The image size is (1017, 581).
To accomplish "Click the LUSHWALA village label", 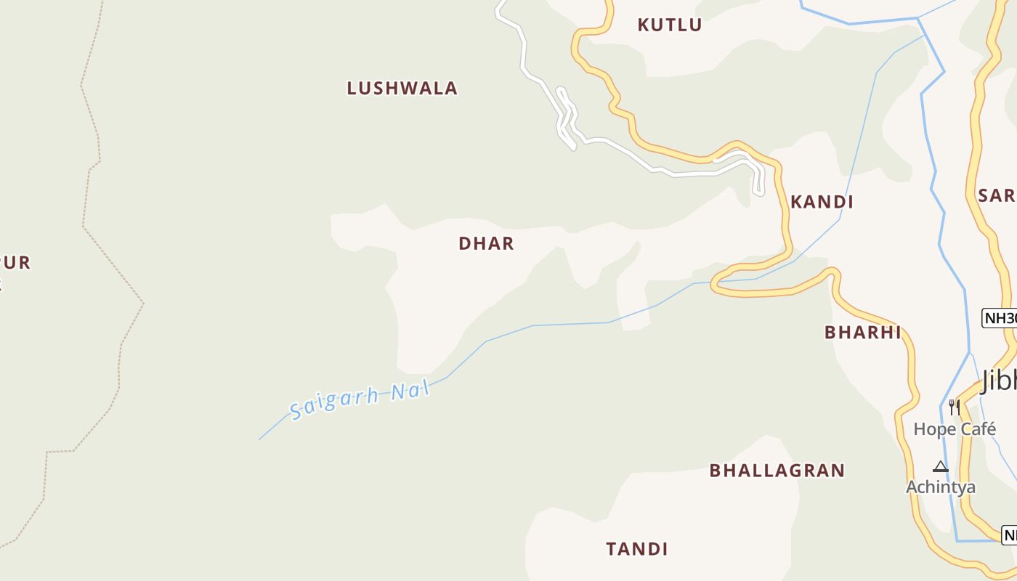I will tap(402, 89).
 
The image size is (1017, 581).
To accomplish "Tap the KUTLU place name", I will tap(669, 25).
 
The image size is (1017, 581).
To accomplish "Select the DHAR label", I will tap(486, 244).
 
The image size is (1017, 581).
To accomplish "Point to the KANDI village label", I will tap(822, 202).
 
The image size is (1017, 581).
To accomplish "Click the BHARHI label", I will tap(862, 333).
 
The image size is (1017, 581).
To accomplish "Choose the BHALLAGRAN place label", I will tap(777, 471).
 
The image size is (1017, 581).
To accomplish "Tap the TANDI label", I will tap(637, 549).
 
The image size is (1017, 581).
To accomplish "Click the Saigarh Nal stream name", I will tap(360, 399).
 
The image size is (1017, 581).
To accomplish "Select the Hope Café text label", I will tap(954, 429).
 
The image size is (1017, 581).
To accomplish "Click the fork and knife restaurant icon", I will tap(954, 407).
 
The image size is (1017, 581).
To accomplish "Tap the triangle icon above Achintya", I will tap(941, 466).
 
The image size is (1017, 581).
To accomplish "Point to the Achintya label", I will tap(940, 487).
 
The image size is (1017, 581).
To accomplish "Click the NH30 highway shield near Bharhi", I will tap(1000, 318).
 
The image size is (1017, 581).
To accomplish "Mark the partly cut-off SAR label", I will tap(997, 195).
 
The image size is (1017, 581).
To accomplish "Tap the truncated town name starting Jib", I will tap(999, 381).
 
